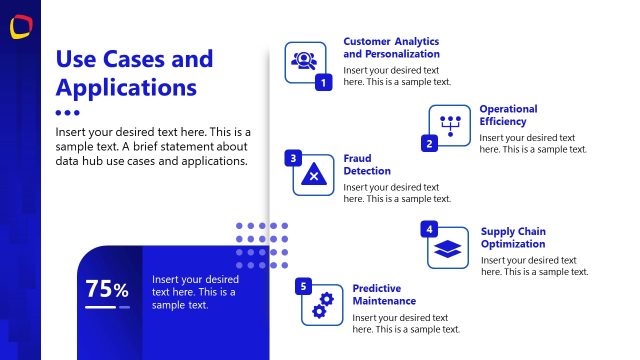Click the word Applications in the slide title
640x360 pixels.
pyautogui.click(x=125, y=87)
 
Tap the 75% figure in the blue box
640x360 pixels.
pyautogui.click(x=107, y=290)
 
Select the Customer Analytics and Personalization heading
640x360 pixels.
pyautogui.click(x=391, y=48)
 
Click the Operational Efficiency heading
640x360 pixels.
pyautogui.click(x=508, y=115)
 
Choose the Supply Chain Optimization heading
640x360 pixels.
pyautogui.click(x=513, y=238)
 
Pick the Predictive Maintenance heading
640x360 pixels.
pyautogui.click(x=384, y=295)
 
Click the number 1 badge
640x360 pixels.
pyautogui.click(x=323, y=83)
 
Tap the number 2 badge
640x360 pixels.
pyautogui.click(x=429, y=144)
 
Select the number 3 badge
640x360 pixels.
pyautogui.click(x=293, y=158)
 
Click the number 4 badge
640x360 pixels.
pyautogui.click(x=429, y=229)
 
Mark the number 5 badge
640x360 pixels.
pyautogui.click(x=303, y=287)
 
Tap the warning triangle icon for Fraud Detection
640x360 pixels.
pyautogui.click(x=313, y=176)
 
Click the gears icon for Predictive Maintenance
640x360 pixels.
pyautogui.click(x=323, y=306)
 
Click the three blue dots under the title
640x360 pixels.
pyautogui.click(x=67, y=113)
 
